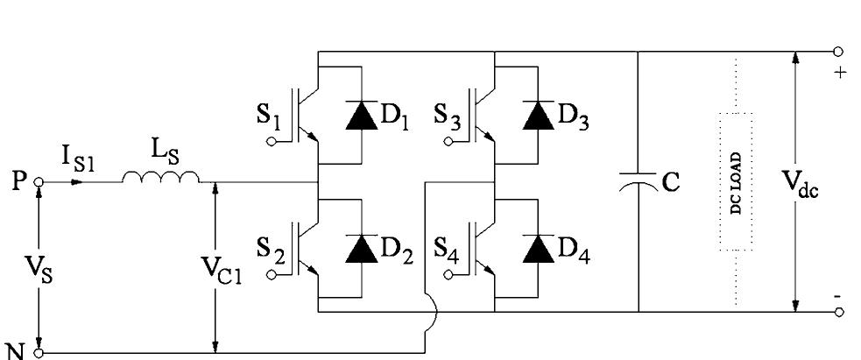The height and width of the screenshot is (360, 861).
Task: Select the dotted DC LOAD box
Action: tap(736, 181)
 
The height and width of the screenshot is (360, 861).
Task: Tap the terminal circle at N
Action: tap(38, 353)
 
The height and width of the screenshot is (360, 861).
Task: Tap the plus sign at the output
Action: tap(842, 73)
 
